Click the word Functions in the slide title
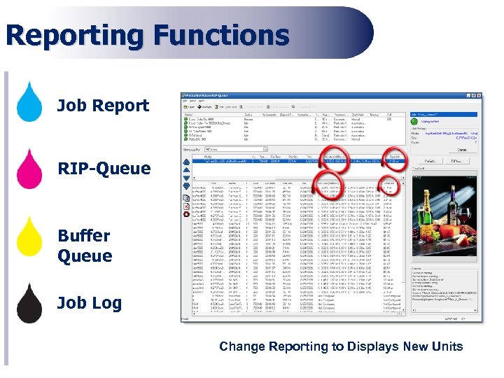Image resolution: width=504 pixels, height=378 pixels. (x=222, y=35)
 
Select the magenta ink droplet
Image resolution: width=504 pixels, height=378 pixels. (x=29, y=168)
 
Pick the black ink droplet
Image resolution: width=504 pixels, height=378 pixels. (x=29, y=303)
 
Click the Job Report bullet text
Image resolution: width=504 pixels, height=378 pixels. (x=103, y=106)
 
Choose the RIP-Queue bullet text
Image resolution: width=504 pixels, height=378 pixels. (x=104, y=169)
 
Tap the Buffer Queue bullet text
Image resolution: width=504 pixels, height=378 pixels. (x=85, y=246)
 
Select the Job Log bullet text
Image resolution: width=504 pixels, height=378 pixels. (x=90, y=303)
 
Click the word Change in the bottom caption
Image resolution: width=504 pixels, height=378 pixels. (x=241, y=346)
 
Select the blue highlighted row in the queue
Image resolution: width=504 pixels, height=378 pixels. (x=294, y=161)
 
